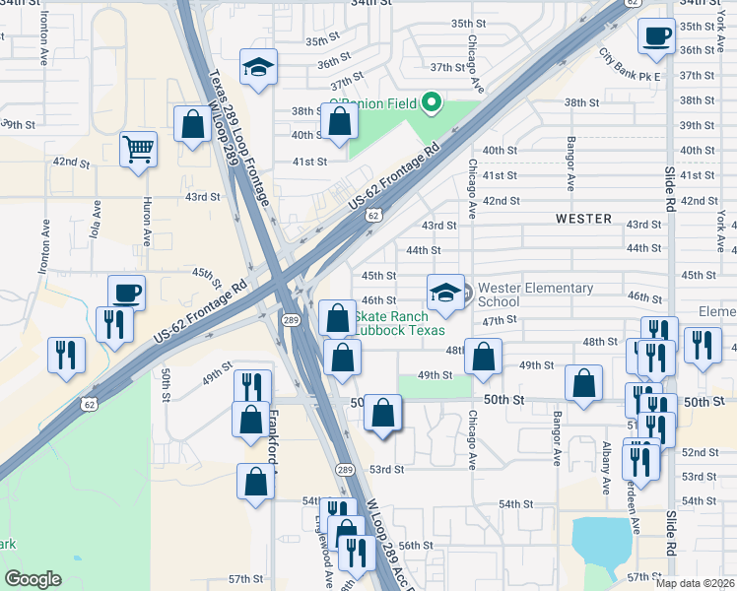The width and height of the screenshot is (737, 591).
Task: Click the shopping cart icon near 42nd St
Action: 139,150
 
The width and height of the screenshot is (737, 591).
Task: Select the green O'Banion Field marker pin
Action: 430,101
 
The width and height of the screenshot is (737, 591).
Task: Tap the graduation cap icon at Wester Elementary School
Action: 445,292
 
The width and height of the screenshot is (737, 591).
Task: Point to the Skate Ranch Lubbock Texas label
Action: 391,323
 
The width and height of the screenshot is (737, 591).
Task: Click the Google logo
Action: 33,579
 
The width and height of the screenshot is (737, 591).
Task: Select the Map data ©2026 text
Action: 694,583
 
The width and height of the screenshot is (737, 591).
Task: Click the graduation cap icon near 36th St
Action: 259,67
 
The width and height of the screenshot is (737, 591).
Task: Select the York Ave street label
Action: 720,228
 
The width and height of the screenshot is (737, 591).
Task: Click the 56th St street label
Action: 416,545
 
